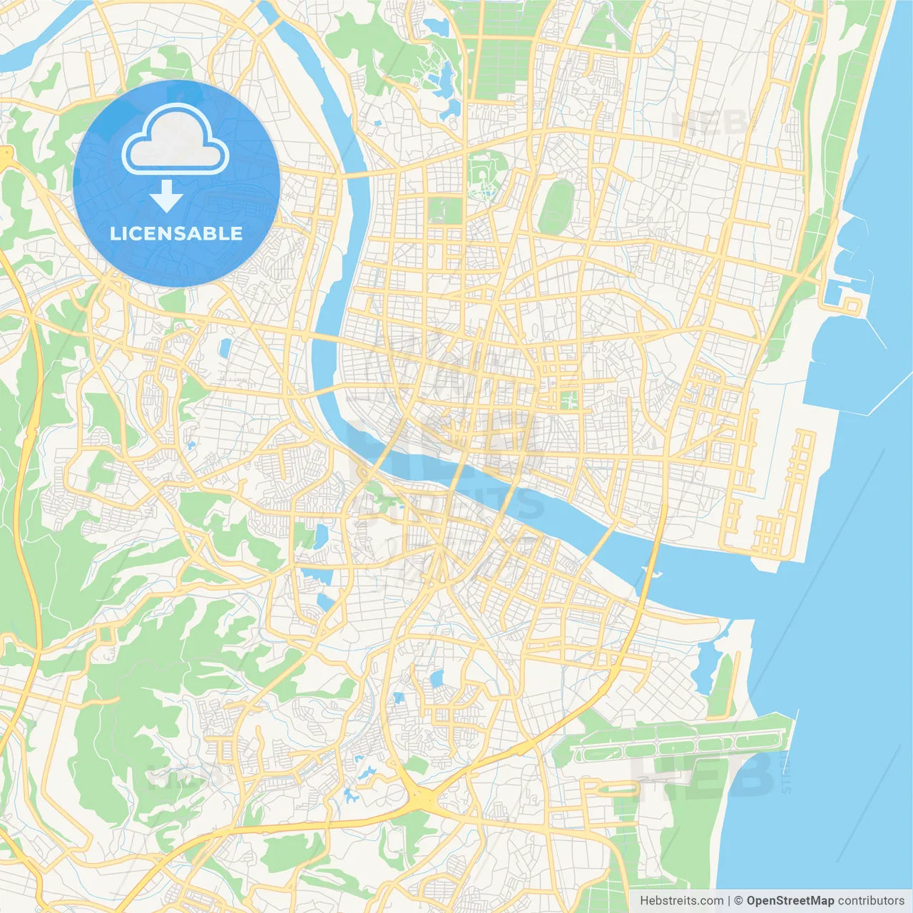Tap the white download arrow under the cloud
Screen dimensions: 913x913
click(166, 196)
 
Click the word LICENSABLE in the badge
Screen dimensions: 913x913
click(175, 233)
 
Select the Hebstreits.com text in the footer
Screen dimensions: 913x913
click(681, 901)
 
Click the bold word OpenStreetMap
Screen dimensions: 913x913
click(790, 901)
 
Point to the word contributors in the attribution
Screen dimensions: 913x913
click(870, 901)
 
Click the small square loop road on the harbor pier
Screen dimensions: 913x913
click(852, 307)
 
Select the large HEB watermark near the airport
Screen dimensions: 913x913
click(703, 774)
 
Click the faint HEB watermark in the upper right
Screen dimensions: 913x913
click(710, 125)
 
